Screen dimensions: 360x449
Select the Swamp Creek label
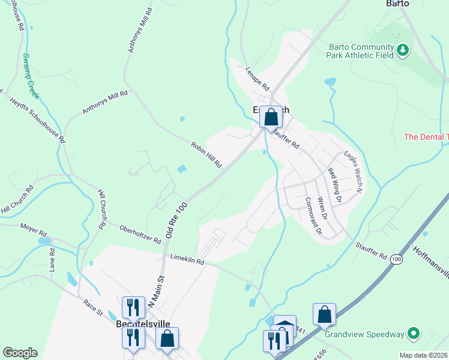tap(30, 76)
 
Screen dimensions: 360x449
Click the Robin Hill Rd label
tap(206, 154)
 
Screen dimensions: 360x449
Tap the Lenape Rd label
tap(257, 77)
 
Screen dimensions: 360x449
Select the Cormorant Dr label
tap(313, 217)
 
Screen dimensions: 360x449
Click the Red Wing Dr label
tap(334, 185)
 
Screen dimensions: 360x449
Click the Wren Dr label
tap(322, 208)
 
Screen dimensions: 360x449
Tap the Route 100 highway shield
tap(396, 259)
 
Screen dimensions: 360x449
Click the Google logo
tap(20, 353)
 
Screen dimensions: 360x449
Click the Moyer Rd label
tap(33, 230)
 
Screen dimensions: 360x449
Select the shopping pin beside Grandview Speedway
tap(324, 314)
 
